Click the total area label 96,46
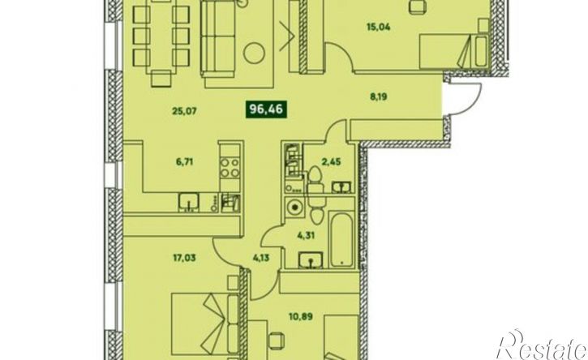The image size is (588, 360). click(266, 109)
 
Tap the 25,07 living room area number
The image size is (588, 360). click(184, 111)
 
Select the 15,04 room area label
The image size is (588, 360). click(378, 27)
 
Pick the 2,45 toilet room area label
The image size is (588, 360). click(332, 161)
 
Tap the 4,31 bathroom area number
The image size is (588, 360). click(306, 235)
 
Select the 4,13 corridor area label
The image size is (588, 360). click(260, 258)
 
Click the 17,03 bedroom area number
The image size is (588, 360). click(184, 258)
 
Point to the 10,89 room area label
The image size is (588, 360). click(301, 316)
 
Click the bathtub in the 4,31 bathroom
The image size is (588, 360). click(341, 239)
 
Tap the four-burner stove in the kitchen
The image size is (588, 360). click(230, 167)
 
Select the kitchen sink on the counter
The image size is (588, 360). click(189, 203)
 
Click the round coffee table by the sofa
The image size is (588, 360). click(254, 53)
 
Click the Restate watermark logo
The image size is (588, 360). click(542, 345)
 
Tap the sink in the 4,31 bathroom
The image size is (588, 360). click(311, 260)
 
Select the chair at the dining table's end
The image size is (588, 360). click(161, 79)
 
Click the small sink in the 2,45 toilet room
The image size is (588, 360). click(341, 186)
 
